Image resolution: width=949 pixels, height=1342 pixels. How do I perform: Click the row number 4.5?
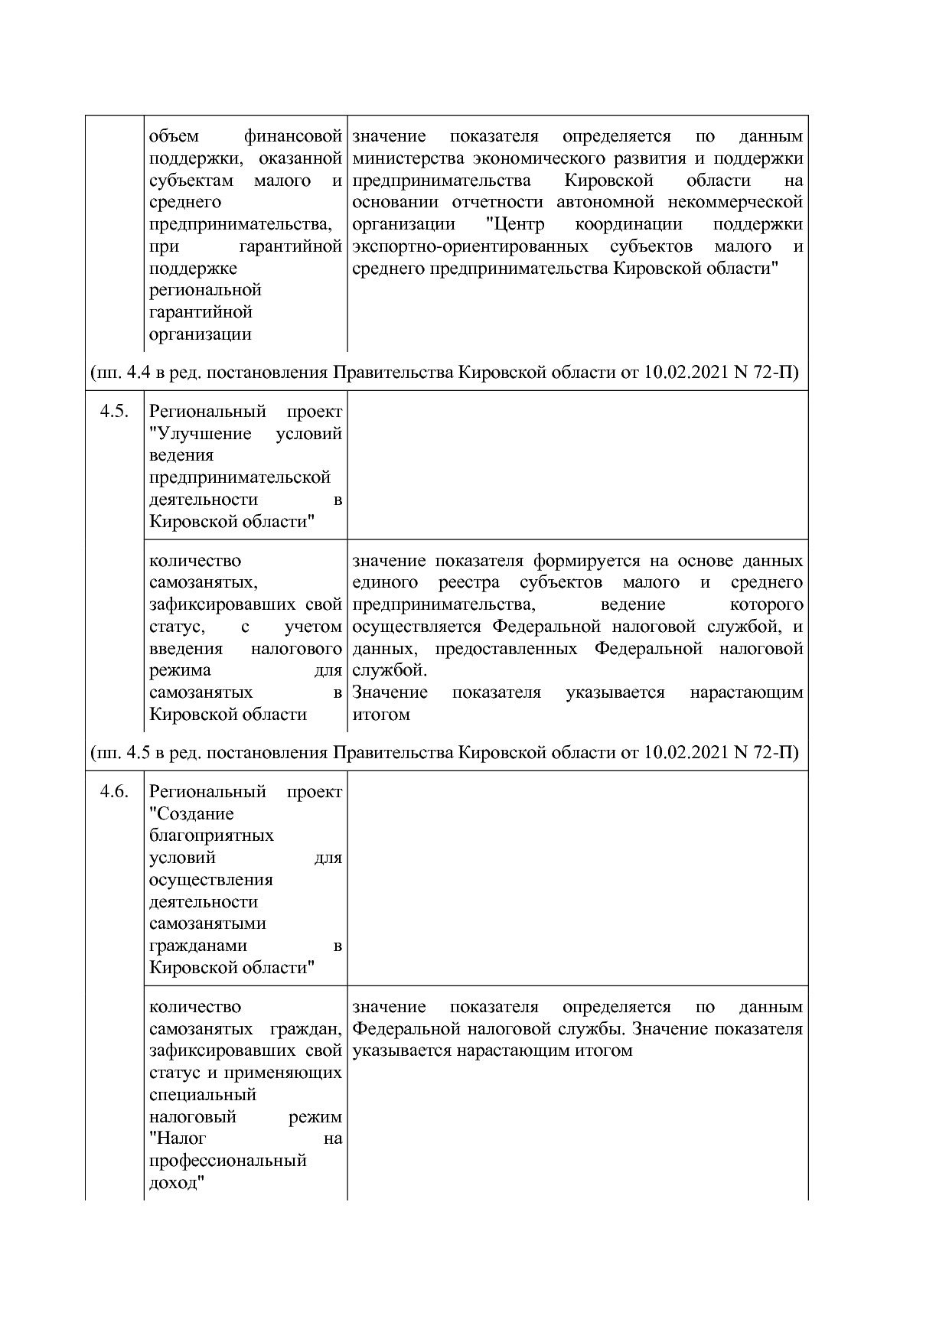pos(114,412)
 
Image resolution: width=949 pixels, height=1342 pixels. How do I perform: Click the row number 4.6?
pos(114,791)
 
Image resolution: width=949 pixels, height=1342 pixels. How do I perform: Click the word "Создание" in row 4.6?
pos(193,813)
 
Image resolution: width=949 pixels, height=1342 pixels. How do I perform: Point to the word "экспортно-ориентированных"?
pos(470,246)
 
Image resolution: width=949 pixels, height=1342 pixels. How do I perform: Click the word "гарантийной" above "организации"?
pos(201,312)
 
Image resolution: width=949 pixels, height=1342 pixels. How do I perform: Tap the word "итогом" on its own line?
pos(381,714)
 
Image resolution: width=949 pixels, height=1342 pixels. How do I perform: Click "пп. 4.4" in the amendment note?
pos(122,373)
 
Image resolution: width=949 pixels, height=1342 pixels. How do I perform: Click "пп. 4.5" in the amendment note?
pos(122,753)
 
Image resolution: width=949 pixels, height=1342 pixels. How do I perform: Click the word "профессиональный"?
pos(227,1160)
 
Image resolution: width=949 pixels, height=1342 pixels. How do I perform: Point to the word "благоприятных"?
pos(211,835)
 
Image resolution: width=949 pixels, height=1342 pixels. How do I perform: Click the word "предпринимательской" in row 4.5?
pos(240,477)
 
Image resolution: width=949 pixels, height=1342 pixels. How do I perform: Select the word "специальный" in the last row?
pos(202,1094)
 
